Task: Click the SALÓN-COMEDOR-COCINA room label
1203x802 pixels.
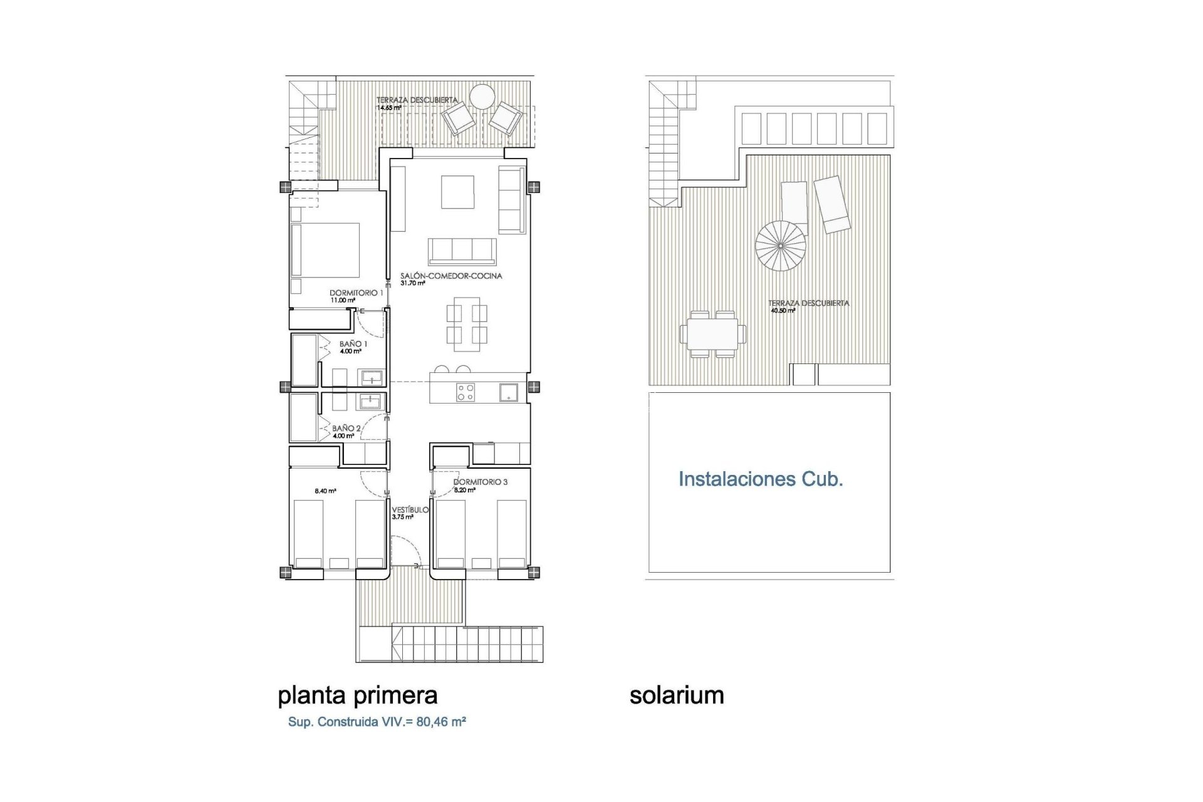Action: pos(451,276)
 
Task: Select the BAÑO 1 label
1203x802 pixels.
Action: pos(353,344)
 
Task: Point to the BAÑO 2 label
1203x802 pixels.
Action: pos(346,429)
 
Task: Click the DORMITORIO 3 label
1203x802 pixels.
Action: pos(481,482)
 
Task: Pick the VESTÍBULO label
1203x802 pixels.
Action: pos(410,510)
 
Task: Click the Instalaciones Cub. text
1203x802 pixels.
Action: pos(761,479)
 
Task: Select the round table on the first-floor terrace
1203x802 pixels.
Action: pos(483,97)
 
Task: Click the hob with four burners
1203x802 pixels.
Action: pos(466,392)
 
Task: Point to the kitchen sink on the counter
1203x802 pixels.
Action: pos(508,393)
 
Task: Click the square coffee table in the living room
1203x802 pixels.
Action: pos(457,192)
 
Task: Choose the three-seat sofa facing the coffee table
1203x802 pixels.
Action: pos(462,251)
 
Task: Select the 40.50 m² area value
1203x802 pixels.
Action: pos(783,311)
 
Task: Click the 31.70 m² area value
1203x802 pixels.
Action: pos(413,283)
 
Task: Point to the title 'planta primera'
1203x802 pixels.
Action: pos(357,695)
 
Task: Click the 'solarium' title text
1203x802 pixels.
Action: pos(677,695)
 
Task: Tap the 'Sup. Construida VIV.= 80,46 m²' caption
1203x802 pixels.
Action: pos(377,722)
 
